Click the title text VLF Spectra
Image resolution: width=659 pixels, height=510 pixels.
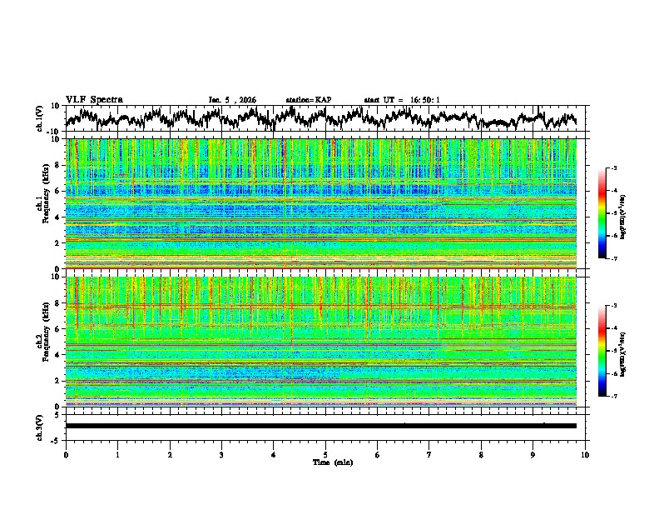[94, 100]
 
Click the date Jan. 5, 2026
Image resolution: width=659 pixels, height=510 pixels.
[232, 100]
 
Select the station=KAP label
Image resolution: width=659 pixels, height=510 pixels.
[309, 100]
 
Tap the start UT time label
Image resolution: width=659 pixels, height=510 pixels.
[402, 100]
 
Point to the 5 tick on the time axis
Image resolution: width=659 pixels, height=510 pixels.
[325, 453]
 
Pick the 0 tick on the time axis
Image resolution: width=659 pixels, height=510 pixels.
[66, 453]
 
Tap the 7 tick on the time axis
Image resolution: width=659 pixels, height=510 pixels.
[429, 453]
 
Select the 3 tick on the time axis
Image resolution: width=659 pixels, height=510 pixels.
[221, 453]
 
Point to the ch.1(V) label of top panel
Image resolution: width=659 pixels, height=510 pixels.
[41, 118]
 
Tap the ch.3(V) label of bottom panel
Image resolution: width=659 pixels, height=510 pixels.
[41, 427]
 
